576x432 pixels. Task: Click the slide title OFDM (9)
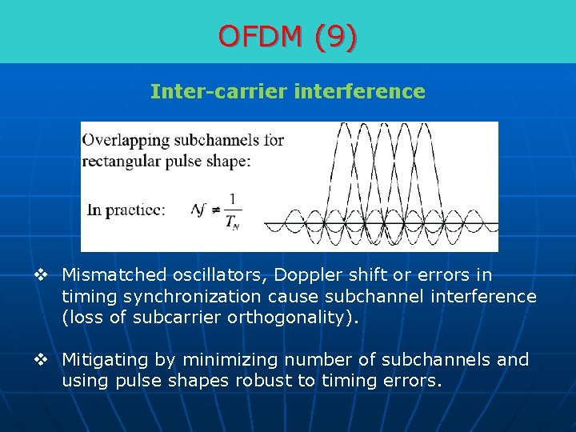click(x=288, y=37)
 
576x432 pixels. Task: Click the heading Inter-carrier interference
click(x=288, y=92)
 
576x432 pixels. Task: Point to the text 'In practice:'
click(x=126, y=210)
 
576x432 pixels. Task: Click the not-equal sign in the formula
click(x=214, y=210)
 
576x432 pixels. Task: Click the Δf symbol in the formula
click(x=198, y=210)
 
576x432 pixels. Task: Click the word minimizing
click(x=218, y=360)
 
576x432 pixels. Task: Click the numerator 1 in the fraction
click(x=233, y=199)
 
